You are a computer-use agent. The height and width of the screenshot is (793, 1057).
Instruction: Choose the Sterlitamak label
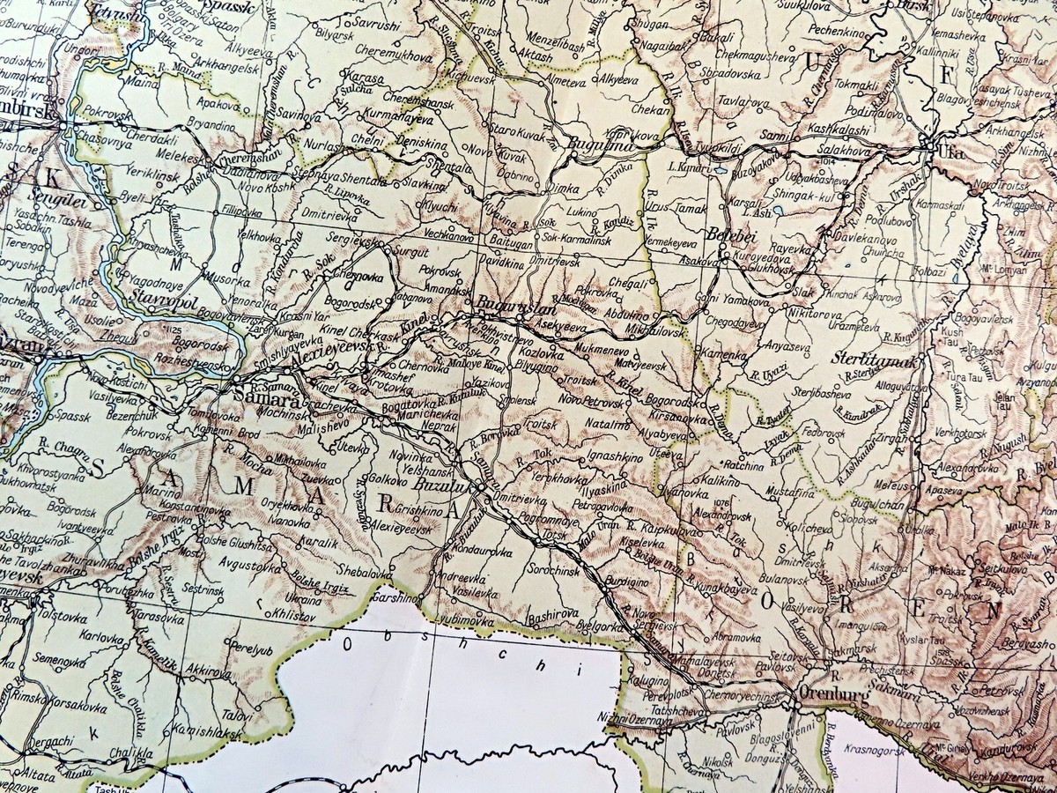click(870, 359)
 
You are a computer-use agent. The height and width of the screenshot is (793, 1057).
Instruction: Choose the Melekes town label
click(173, 154)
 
